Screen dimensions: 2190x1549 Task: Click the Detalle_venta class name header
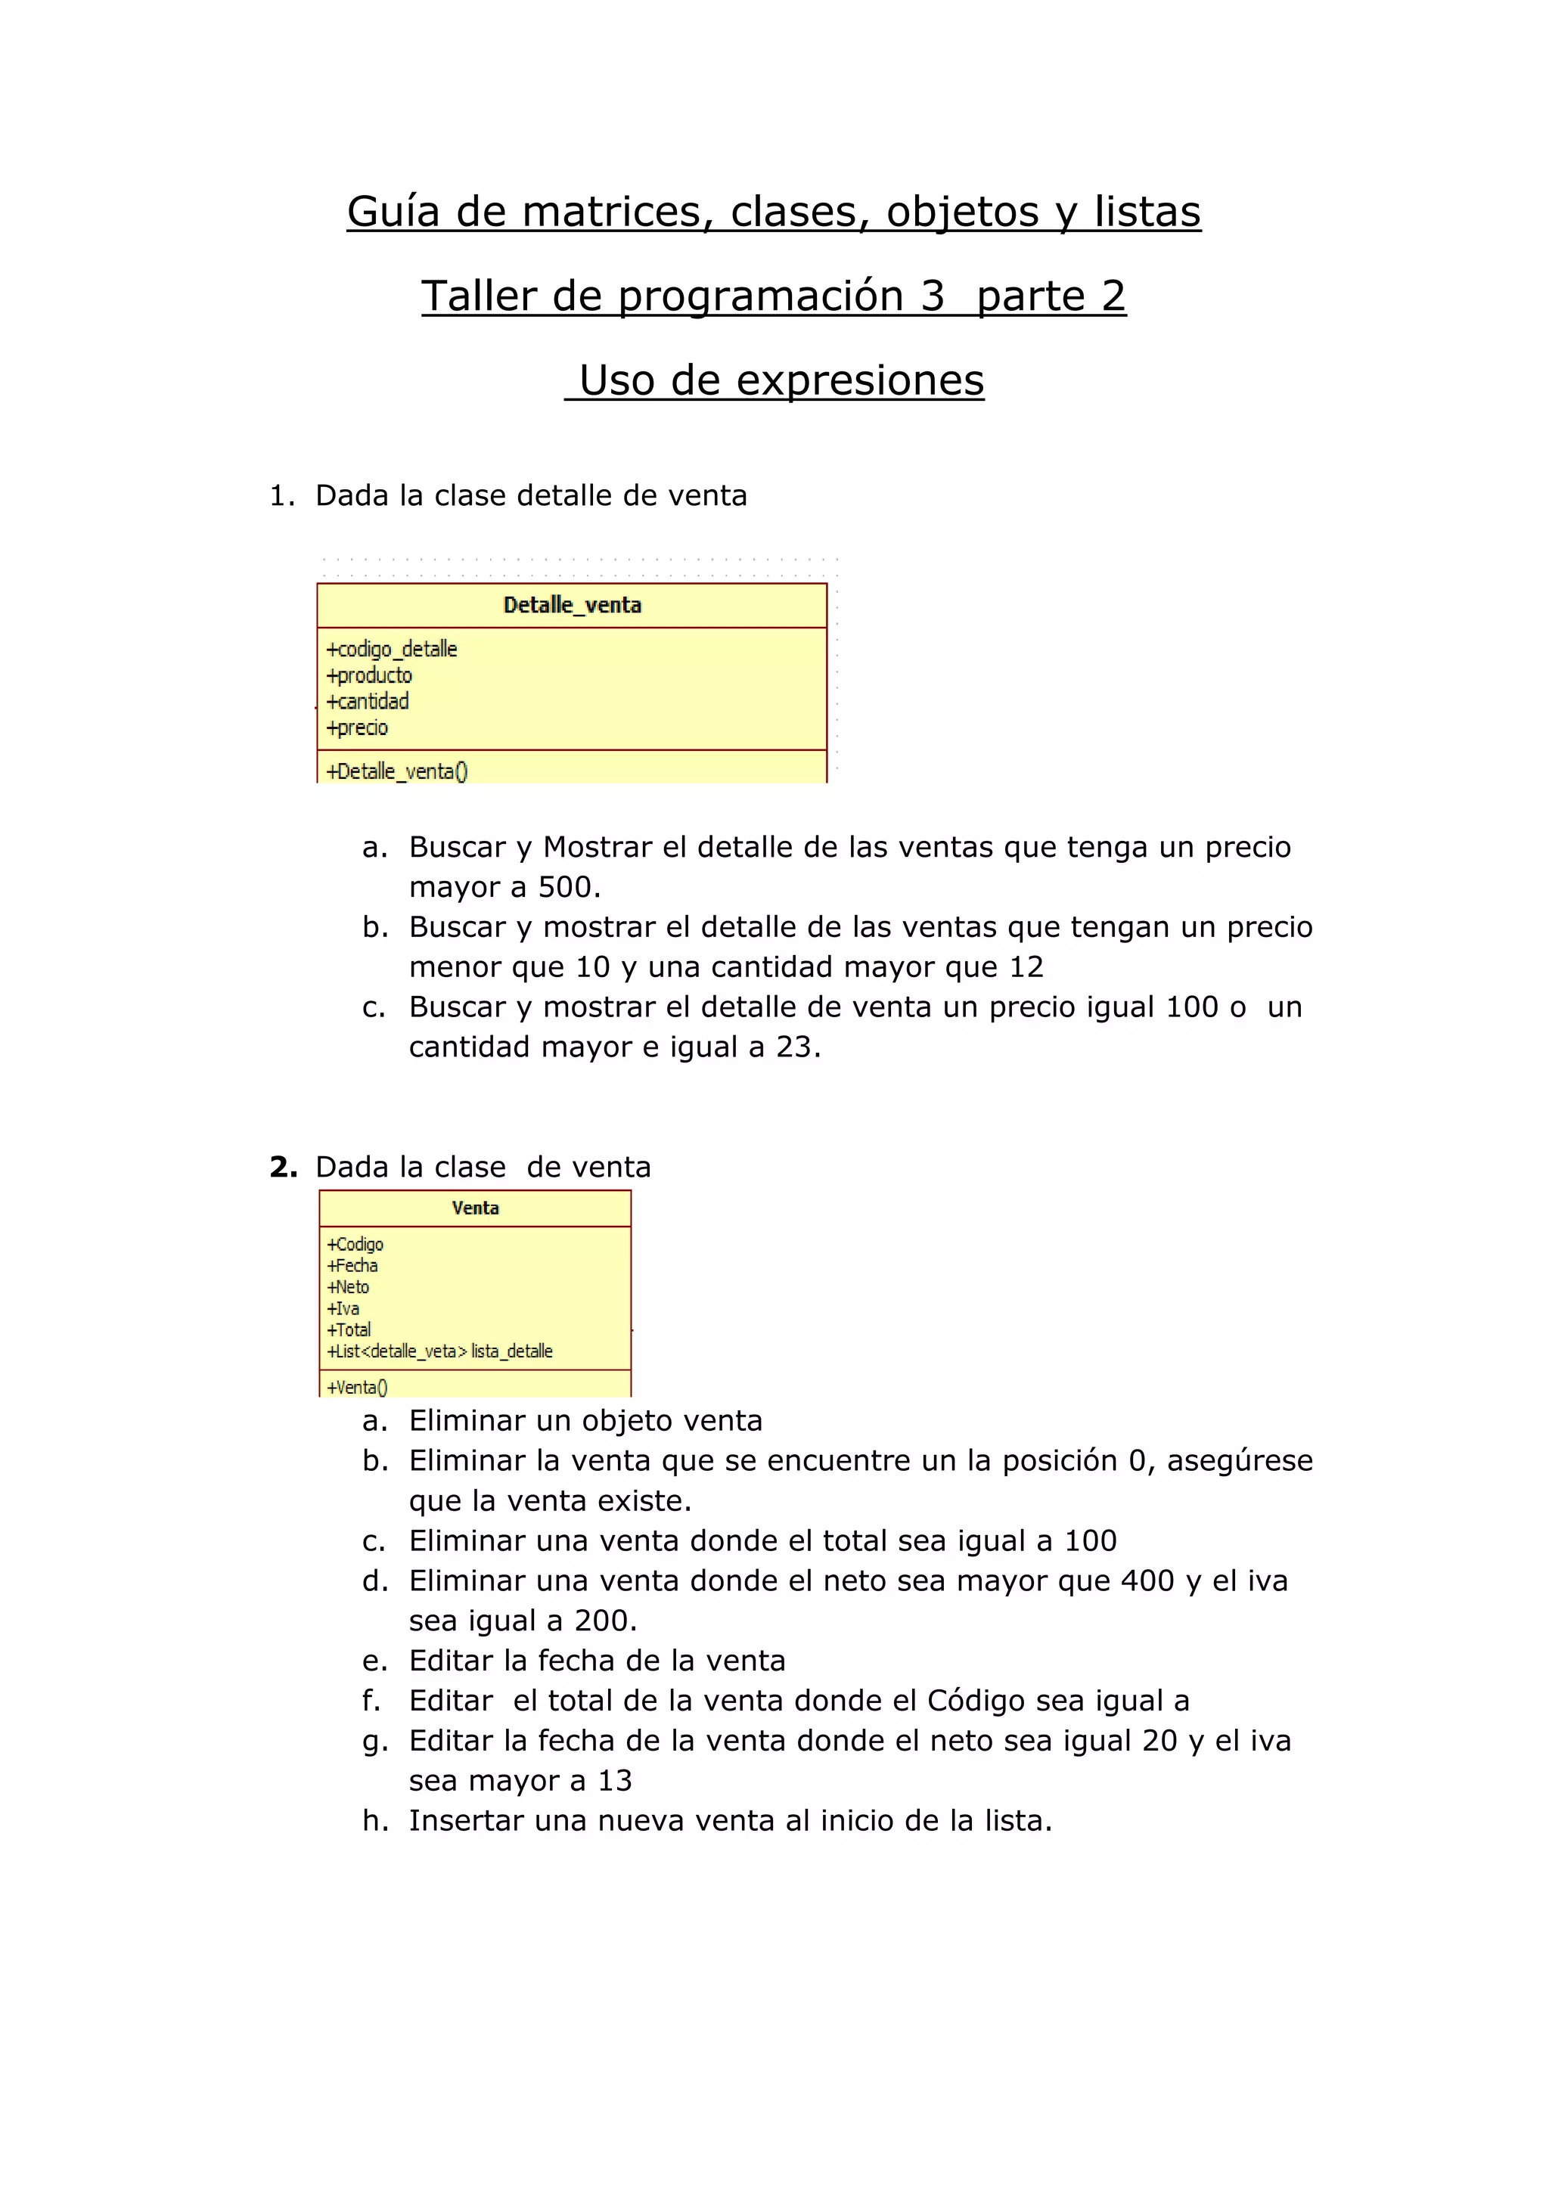[x=573, y=605]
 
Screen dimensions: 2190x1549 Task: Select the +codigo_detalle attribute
[x=392, y=650]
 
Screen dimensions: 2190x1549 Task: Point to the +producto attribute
[x=369, y=675]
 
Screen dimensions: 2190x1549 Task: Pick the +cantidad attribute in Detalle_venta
[x=368, y=702]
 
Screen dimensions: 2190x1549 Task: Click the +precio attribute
[x=357, y=727]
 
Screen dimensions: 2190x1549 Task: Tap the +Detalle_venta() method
[x=397, y=771]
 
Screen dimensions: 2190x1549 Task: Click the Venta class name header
[x=475, y=1208]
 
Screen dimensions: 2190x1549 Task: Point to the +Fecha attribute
[x=352, y=1266]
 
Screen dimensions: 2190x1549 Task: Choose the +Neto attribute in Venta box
[x=347, y=1287]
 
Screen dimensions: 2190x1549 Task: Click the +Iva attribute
[x=343, y=1309]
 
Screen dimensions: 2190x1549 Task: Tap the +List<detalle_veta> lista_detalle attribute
[x=439, y=1351]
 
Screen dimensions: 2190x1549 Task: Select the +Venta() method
[x=357, y=1387]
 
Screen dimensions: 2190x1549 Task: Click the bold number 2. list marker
[x=284, y=1167]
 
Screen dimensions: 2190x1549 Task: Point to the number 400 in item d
[x=1147, y=1580]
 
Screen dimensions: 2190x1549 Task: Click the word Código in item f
[x=976, y=1701]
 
